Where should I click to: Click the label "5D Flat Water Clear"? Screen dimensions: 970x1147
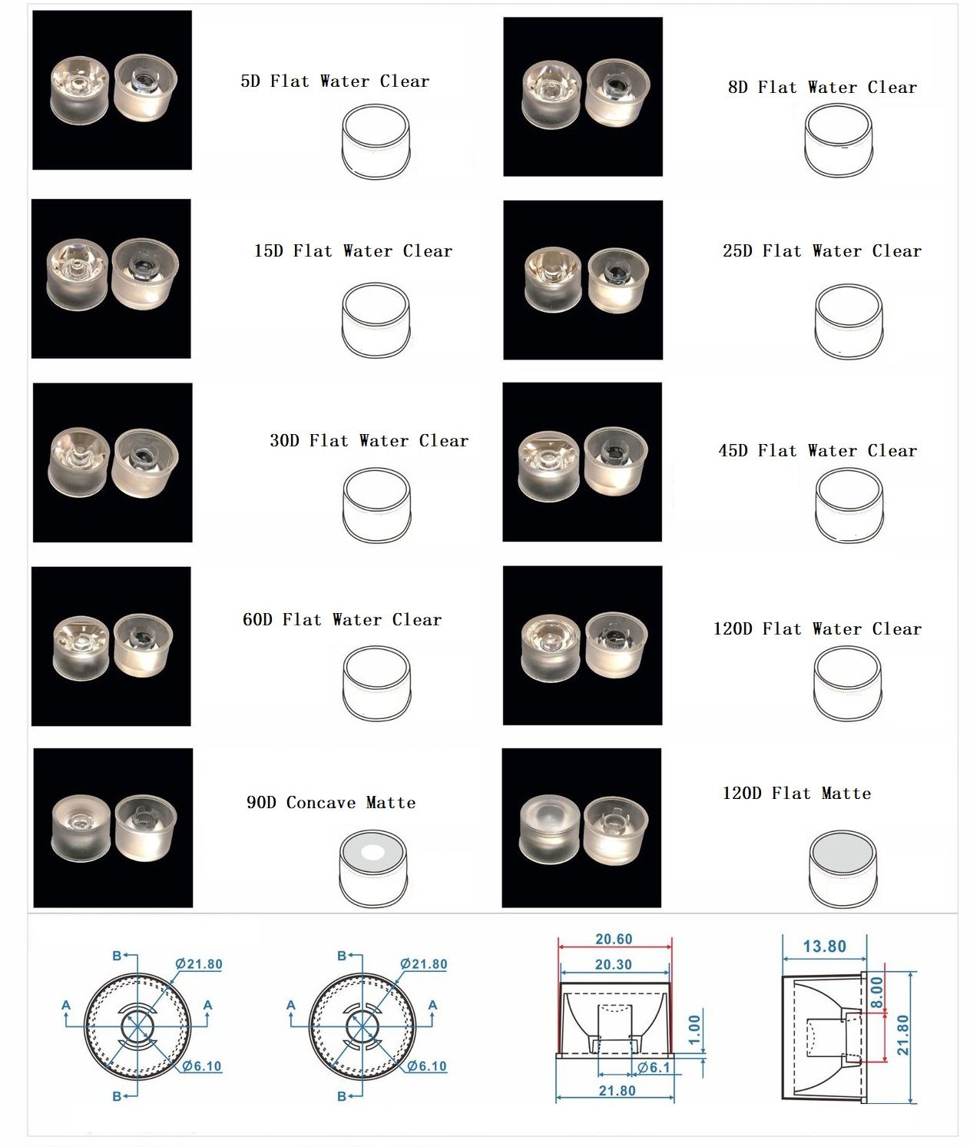[x=335, y=81]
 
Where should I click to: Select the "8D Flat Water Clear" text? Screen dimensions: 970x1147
[x=823, y=87]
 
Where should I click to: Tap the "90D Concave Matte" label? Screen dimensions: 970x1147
[x=331, y=802]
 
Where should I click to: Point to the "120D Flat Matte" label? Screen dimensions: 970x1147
[x=796, y=793]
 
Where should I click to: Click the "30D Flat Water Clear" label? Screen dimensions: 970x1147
[x=369, y=441]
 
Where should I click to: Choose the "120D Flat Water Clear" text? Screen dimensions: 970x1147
[x=817, y=628]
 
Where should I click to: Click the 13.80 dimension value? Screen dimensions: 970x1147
[x=825, y=946]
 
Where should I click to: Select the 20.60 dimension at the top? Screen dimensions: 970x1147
[x=614, y=939]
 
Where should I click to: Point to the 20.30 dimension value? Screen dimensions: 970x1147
[x=614, y=964]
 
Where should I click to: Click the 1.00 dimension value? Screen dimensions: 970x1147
[x=694, y=1029]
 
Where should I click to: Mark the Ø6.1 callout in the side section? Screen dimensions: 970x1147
[x=654, y=1067]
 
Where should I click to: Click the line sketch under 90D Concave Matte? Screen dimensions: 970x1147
[x=372, y=868]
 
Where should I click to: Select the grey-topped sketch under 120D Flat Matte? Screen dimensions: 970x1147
[x=843, y=868]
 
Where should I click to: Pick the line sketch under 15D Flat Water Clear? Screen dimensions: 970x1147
[x=376, y=320]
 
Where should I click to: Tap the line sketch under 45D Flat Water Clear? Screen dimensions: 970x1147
[x=849, y=505]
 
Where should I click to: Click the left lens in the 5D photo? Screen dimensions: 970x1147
[x=79, y=90]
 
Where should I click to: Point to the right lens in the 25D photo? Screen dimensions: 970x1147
[x=617, y=280]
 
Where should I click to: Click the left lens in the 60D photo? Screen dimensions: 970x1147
[x=81, y=648]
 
